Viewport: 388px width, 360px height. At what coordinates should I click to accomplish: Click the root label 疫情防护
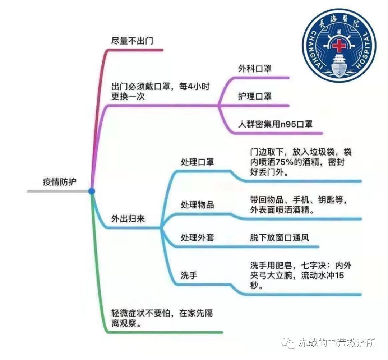[60, 182]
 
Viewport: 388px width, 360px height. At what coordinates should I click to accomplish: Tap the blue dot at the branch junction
[92, 191]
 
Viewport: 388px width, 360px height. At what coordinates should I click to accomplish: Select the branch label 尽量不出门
[132, 41]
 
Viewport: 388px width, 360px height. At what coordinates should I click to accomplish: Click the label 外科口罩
[255, 69]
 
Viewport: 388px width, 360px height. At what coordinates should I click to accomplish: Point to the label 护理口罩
[255, 96]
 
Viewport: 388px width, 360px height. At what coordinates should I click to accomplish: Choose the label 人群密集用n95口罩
[276, 124]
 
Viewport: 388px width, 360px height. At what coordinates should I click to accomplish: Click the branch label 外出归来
[128, 219]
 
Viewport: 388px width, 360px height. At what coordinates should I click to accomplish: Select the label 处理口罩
[197, 162]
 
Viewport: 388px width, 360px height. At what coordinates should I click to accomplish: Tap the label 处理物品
[197, 205]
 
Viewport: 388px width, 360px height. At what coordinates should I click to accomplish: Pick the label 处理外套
[197, 237]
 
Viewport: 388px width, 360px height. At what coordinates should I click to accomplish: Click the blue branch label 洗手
[189, 275]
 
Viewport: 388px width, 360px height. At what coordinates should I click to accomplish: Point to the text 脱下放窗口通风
[280, 237]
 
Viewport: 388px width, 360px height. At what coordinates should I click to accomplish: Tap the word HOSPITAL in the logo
[365, 49]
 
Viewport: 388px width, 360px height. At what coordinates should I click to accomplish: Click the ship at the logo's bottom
[338, 65]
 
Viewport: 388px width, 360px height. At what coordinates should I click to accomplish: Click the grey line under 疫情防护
[58, 191]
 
